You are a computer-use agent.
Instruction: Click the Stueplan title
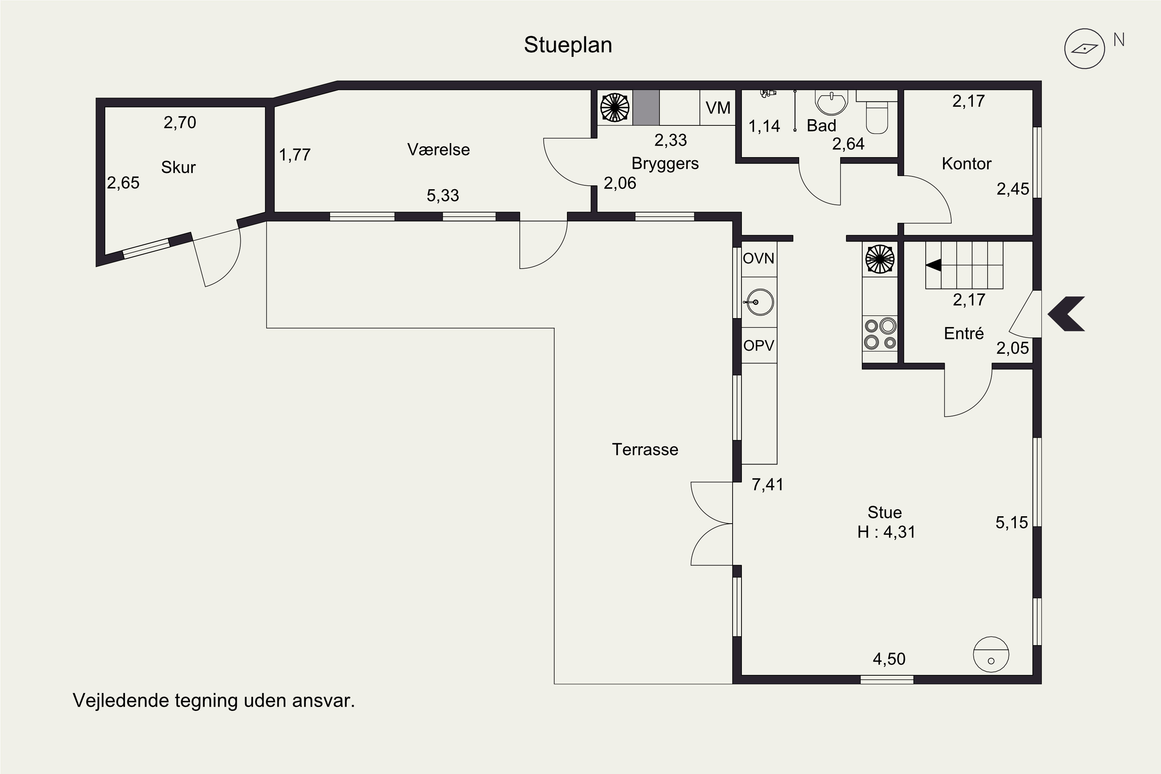click(x=568, y=45)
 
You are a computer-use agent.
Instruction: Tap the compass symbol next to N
click(x=1084, y=48)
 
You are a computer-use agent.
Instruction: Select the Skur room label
click(x=178, y=167)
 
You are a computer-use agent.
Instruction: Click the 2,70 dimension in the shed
click(x=180, y=122)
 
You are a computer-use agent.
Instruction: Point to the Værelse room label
click(x=438, y=149)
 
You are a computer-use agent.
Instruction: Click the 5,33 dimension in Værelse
click(x=443, y=195)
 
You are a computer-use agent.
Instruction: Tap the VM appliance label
click(x=718, y=108)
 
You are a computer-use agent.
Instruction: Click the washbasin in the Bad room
click(x=832, y=102)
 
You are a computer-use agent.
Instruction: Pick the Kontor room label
click(x=966, y=164)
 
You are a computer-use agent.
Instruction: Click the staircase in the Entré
click(x=964, y=265)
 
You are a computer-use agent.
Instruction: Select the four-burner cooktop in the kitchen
click(x=880, y=334)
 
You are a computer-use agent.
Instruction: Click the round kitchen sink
click(x=759, y=302)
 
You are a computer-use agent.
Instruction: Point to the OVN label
click(x=759, y=259)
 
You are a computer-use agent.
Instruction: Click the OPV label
click(x=759, y=346)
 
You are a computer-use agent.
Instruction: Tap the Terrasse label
click(x=645, y=450)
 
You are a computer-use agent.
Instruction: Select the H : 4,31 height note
click(x=886, y=532)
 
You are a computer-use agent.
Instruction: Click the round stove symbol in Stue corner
click(x=991, y=654)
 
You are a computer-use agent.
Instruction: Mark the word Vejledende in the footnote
click(x=121, y=700)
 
